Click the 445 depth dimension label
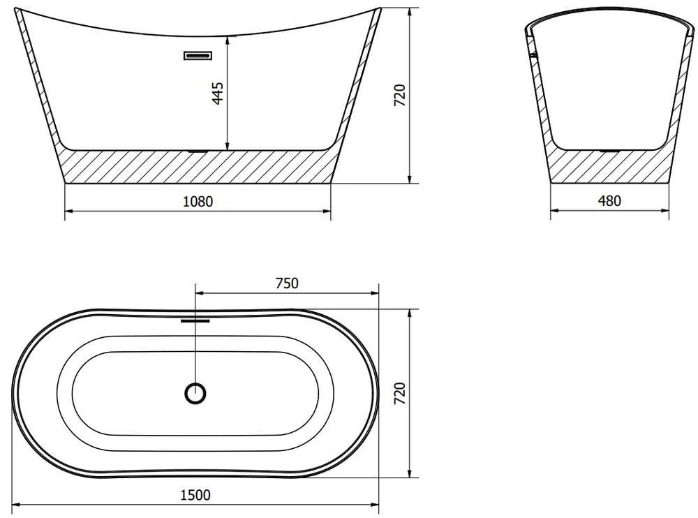[218, 93]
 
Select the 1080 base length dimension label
[198, 202]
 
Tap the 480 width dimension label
[609, 201]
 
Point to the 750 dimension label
[287, 283]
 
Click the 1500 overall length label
[195, 495]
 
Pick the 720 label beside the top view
[400, 393]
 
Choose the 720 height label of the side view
[400, 95]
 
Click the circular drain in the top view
[195, 393]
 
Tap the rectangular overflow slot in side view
[198, 56]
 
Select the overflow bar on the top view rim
[195, 320]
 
